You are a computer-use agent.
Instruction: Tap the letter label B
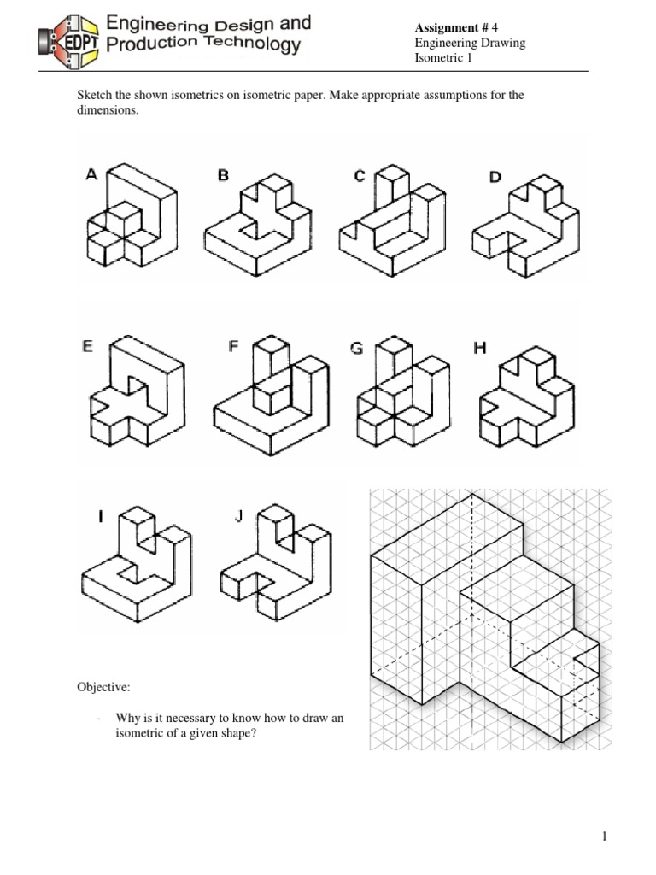[223, 175]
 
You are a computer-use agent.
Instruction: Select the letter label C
[360, 176]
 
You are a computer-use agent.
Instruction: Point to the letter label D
[495, 177]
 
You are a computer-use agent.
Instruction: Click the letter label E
[86, 347]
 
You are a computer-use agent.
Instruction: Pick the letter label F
[233, 347]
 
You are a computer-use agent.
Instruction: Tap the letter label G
[358, 348]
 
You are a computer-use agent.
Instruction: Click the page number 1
[605, 813]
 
